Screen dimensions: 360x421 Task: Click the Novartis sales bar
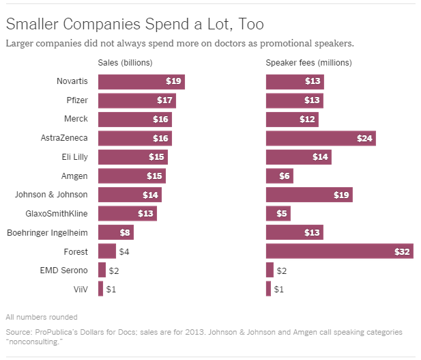(x=141, y=82)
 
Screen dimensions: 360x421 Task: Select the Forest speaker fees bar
(x=339, y=251)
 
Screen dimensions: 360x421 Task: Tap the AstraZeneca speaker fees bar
(x=321, y=139)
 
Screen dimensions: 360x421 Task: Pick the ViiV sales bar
(x=100, y=289)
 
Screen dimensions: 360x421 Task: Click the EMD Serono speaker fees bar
(x=270, y=270)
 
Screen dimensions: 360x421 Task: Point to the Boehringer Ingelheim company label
(x=47, y=232)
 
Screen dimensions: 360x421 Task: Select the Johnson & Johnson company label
(x=51, y=195)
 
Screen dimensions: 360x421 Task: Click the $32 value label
(x=403, y=251)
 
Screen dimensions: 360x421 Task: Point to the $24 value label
(x=365, y=139)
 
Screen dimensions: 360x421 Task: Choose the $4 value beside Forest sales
(x=125, y=251)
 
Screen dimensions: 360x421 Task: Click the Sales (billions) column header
(x=125, y=64)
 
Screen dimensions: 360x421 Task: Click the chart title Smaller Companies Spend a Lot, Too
(x=134, y=25)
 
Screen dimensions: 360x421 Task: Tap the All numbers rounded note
(x=41, y=317)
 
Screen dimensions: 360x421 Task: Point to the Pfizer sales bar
(x=137, y=101)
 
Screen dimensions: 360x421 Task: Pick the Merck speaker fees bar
(x=292, y=120)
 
